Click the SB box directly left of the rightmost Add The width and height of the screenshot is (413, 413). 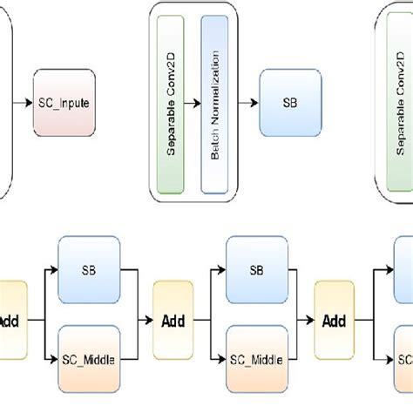point(256,270)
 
